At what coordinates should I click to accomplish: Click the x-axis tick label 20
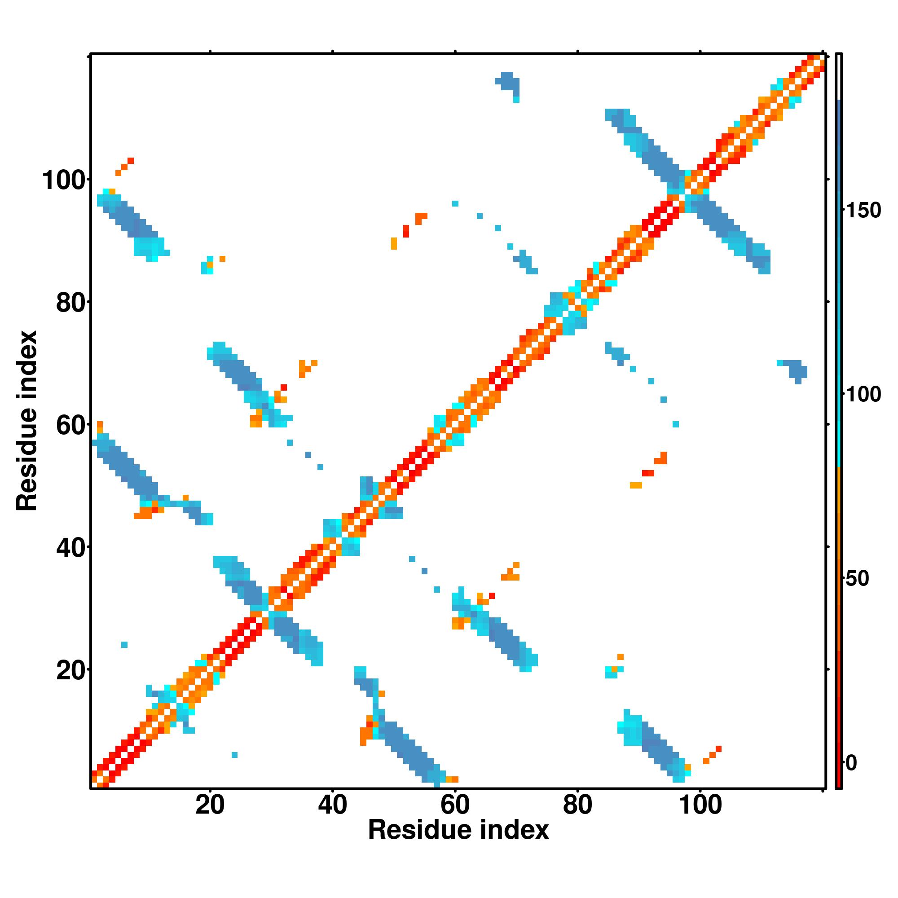click(x=210, y=806)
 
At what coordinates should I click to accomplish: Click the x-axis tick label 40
click(x=332, y=806)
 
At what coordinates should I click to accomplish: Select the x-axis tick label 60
click(x=454, y=806)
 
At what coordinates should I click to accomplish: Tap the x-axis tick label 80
click(x=577, y=806)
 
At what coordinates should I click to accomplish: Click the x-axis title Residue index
click(x=458, y=843)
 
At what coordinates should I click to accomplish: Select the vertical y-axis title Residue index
click(x=26, y=421)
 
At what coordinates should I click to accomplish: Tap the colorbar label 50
click(x=858, y=579)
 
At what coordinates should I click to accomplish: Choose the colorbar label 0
click(x=851, y=763)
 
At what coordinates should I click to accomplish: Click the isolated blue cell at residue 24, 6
click(x=234, y=755)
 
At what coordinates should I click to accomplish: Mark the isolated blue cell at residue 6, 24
click(x=124, y=645)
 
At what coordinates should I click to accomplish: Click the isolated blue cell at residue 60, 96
click(x=455, y=203)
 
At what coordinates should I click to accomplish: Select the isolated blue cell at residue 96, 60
click(x=675, y=424)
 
